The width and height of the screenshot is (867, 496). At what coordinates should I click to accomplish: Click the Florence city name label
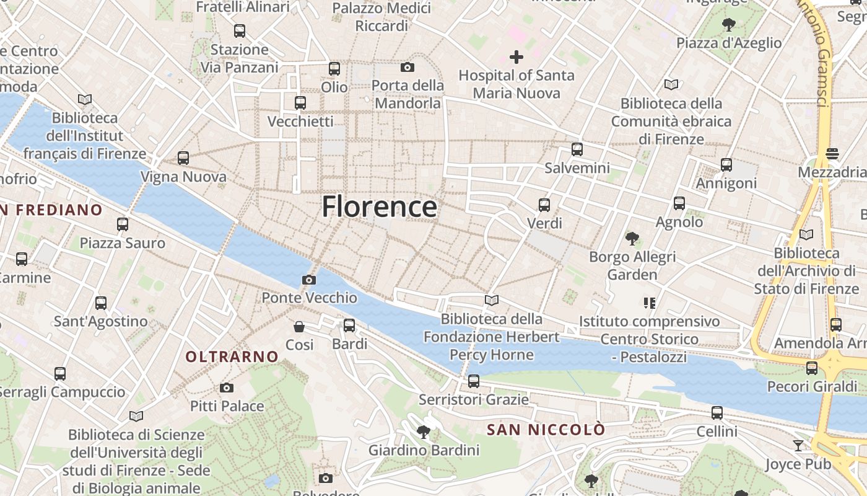(379, 206)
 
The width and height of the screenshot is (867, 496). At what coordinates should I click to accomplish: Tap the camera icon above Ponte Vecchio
(309, 280)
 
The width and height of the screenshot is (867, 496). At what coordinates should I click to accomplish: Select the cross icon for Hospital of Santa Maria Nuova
(516, 57)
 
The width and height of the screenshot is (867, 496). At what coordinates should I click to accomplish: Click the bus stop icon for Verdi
(544, 205)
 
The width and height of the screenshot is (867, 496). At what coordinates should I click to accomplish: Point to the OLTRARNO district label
(232, 356)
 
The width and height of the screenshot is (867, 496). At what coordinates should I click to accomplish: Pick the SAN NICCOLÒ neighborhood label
(546, 430)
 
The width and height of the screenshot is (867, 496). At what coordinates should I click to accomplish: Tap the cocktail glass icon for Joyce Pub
(798, 445)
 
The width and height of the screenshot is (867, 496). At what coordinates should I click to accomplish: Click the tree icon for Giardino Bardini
(424, 432)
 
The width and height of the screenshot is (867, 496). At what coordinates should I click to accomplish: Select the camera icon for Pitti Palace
(227, 388)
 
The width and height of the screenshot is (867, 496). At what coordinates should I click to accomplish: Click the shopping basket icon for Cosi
(299, 326)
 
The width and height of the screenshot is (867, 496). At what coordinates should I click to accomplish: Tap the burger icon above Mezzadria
(832, 154)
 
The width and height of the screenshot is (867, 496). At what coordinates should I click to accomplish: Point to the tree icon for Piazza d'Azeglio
(729, 25)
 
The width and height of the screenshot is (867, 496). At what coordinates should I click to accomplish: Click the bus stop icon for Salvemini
(577, 149)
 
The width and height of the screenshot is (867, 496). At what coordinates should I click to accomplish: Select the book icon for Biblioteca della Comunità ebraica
(671, 84)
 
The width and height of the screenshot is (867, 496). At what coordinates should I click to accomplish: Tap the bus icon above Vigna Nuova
(183, 158)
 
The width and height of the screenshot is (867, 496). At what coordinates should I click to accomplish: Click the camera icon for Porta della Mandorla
(407, 67)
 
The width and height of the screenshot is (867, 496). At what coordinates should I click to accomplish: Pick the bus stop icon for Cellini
(717, 412)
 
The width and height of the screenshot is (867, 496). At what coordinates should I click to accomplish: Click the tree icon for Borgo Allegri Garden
(632, 238)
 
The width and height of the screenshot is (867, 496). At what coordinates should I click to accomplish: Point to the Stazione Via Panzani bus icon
(240, 30)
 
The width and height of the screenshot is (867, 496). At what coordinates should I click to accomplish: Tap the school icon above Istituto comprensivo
(650, 303)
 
